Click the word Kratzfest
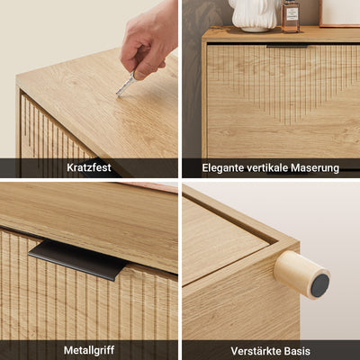tap(89, 167)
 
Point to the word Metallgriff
tap(89, 350)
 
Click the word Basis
tap(296, 351)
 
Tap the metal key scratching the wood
tap(125, 85)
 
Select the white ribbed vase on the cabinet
tap(255, 15)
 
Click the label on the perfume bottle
tap(292, 14)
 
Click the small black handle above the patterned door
tap(287, 46)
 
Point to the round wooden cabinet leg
tap(301, 275)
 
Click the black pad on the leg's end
tap(319, 285)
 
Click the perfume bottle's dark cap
tap(291, 1)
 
